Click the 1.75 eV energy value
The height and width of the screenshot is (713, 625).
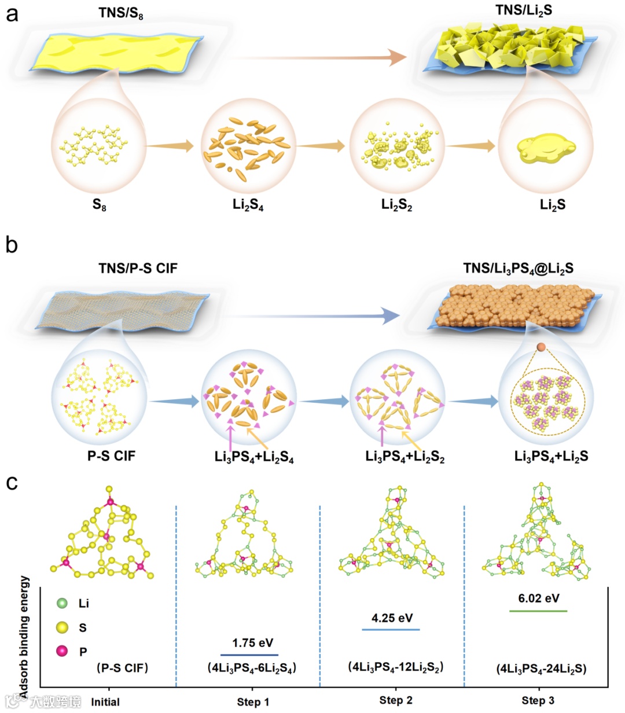click(252, 643)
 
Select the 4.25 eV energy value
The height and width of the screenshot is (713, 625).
click(392, 618)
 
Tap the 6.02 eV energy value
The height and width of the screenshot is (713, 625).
click(539, 598)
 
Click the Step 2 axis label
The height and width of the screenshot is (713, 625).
click(396, 700)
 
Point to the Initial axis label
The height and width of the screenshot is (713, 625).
click(105, 702)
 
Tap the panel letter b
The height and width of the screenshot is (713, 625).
click(12, 245)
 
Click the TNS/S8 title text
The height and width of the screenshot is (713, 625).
click(121, 13)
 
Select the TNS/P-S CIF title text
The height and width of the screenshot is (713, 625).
click(138, 268)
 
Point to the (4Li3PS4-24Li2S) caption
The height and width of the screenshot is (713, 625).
click(541, 668)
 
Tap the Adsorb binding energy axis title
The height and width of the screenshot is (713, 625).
click(24, 637)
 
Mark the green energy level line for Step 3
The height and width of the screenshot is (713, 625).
click(538, 611)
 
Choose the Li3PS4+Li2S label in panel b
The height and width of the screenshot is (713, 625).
click(551, 456)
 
